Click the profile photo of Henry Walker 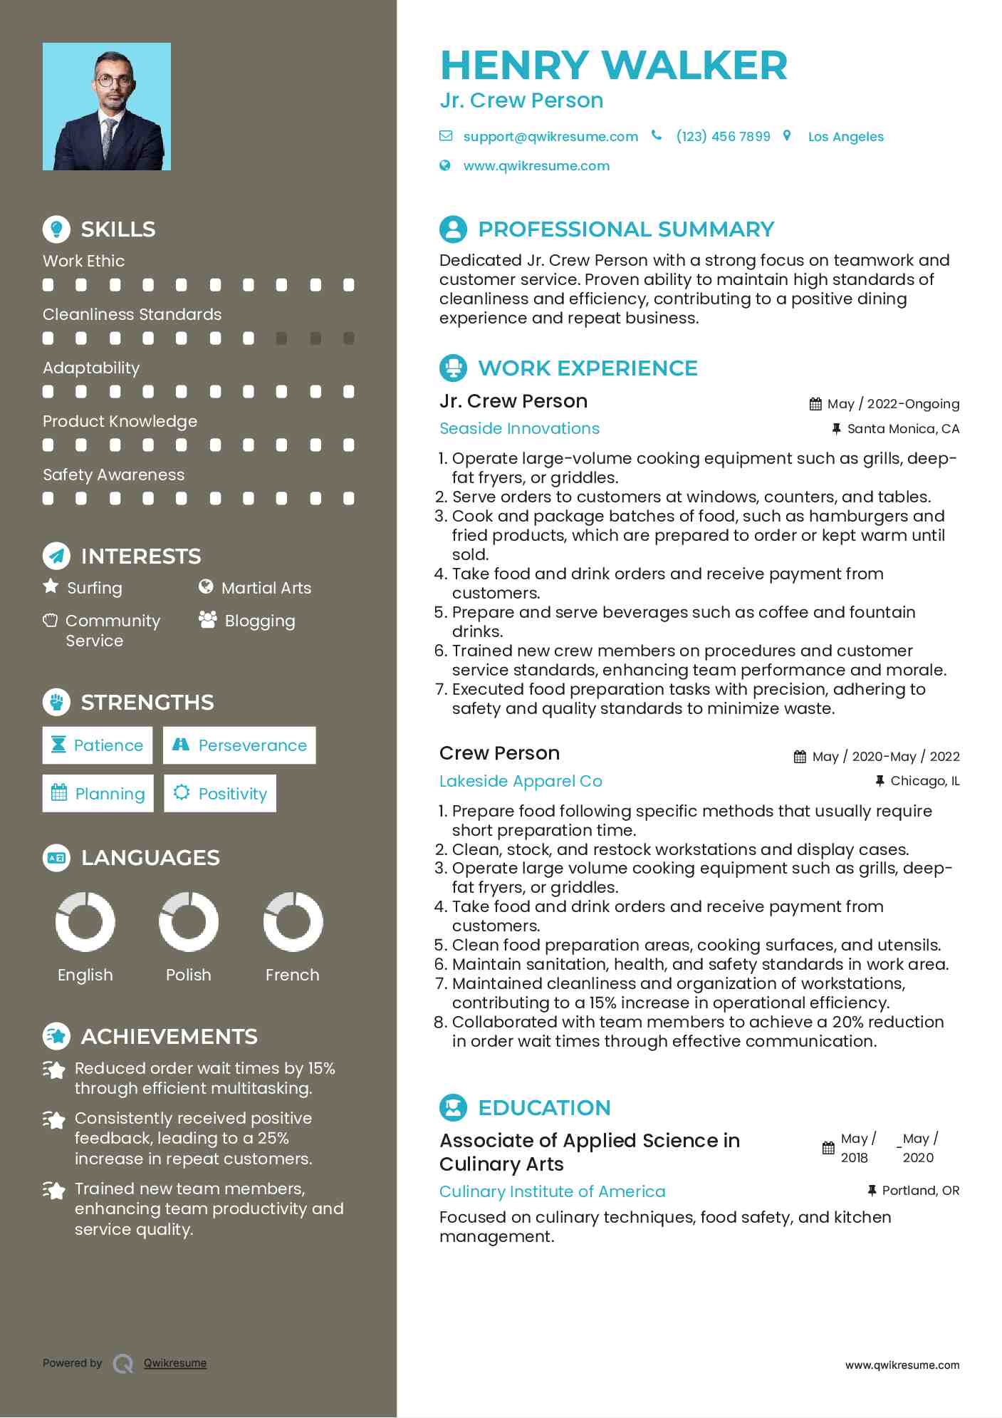click(107, 107)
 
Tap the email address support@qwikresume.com click(550, 137)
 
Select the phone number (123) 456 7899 click(723, 137)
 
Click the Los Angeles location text click(845, 137)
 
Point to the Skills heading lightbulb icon click(56, 229)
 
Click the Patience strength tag click(98, 745)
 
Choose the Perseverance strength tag click(239, 745)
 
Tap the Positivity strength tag click(220, 794)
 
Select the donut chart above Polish click(189, 922)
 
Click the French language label click(292, 975)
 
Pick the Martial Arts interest click(266, 588)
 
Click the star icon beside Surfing click(51, 586)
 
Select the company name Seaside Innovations click(519, 428)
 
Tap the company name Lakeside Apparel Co click(521, 781)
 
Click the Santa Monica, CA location click(902, 429)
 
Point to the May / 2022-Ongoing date click(892, 404)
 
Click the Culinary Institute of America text click(552, 1191)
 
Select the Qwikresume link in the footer click(175, 1363)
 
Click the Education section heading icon click(453, 1107)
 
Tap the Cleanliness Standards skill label click(132, 314)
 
